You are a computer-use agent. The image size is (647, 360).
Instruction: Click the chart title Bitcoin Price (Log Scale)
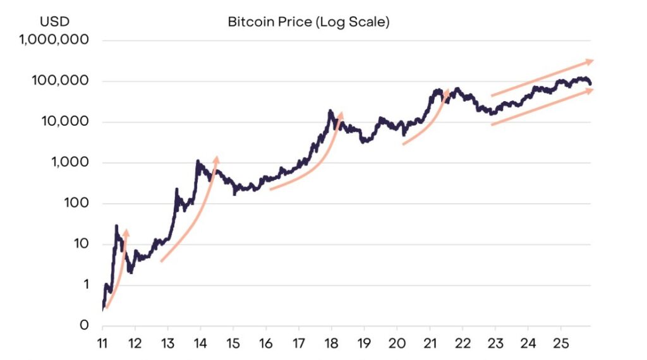coord(309,22)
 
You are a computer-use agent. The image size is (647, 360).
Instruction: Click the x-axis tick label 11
coord(102,345)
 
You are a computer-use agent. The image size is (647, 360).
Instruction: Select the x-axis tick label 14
coord(200,345)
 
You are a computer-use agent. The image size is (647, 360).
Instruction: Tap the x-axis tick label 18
coord(331,345)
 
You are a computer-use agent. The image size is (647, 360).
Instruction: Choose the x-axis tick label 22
coord(462,345)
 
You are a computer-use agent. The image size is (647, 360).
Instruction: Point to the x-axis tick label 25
coord(560,345)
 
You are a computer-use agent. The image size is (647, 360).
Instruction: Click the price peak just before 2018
coord(330,111)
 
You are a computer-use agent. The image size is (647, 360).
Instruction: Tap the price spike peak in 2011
coord(116,225)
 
